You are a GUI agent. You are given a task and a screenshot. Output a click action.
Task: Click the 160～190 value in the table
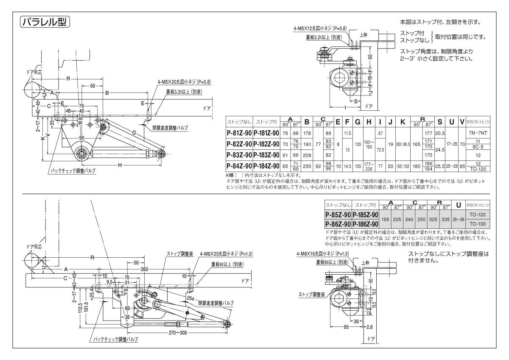(x=369, y=144)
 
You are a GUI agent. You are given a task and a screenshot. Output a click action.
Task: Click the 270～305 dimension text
(x=177, y=333)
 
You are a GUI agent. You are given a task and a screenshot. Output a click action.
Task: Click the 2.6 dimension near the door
(x=369, y=327)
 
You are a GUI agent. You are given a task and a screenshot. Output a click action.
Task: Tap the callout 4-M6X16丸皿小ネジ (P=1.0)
(x=324, y=254)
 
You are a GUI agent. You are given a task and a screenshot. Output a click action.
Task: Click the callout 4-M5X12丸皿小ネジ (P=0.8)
(x=320, y=28)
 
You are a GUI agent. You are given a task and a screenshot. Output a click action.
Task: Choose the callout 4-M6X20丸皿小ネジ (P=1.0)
(x=226, y=254)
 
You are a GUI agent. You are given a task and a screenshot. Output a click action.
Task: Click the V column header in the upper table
(x=462, y=122)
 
